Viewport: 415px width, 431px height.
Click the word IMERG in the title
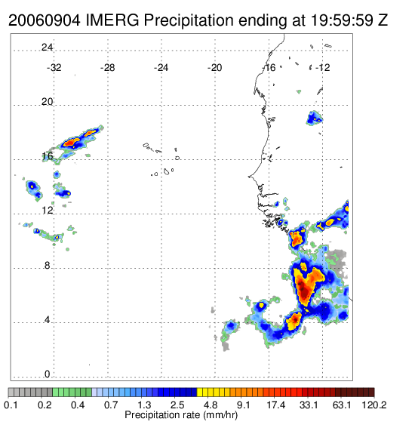(112, 20)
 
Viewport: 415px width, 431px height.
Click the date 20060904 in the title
(45, 20)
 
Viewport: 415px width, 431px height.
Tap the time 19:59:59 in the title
(342, 20)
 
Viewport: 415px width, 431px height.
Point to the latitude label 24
(47, 48)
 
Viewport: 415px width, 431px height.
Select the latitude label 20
(47, 102)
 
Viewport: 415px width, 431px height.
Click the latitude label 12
(47, 211)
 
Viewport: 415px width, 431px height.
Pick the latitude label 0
(48, 374)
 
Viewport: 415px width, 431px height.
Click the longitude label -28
(107, 68)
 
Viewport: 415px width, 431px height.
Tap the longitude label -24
(161, 68)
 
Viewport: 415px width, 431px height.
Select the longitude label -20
(214, 68)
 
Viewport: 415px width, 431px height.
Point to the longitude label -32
(54, 68)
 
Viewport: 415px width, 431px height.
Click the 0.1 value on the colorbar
(11, 405)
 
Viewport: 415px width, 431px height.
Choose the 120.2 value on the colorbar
(374, 405)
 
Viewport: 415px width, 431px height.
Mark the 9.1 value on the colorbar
(244, 405)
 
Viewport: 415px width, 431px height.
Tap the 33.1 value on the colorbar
(309, 405)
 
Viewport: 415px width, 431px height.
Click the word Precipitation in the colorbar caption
(162, 415)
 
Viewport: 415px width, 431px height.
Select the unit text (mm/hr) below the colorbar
(220, 415)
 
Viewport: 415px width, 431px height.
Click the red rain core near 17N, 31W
(70, 143)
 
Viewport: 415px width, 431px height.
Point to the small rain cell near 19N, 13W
(315, 119)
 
